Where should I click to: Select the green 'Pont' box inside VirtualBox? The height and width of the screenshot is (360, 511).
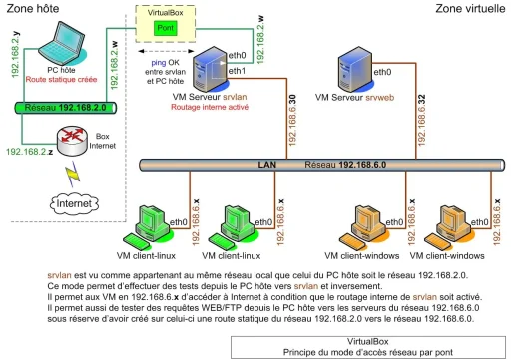(167, 30)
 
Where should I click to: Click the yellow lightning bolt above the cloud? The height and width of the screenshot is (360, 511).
(72, 178)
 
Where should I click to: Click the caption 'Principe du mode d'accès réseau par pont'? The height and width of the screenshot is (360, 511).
(369, 350)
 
